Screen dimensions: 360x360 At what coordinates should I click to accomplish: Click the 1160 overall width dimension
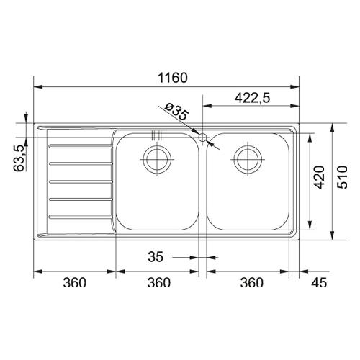[x=173, y=78]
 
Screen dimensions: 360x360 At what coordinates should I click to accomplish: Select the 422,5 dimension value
[x=252, y=98]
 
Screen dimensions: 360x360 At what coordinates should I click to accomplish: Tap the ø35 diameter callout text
[x=177, y=111]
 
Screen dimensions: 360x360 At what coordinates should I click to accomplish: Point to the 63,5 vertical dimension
[x=19, y=158]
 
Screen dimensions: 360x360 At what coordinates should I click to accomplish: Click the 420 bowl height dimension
[x=320, y=177]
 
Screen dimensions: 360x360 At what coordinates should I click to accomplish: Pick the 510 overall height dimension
[x=342, y=177]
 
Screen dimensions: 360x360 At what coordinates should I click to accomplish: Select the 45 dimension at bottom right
[x=319, y=282]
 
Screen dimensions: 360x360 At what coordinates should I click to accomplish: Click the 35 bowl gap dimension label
[x=156, y=257]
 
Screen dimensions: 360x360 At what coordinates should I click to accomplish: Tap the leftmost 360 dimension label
[x=74, y=282]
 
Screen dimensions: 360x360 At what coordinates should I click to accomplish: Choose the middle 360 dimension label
[x=159, y=282]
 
